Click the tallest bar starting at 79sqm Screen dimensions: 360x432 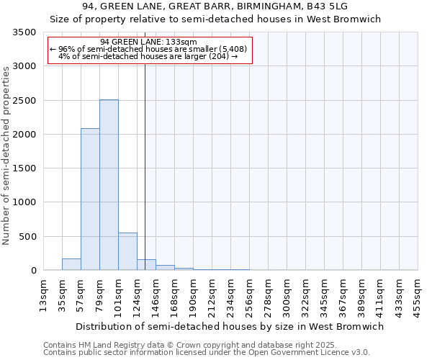pyautogui.click(x=109, y=185)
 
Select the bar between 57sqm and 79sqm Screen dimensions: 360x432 pyautogui.click(x=90, y=199)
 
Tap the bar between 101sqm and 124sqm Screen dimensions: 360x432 pyautogui.click(x=127, y=251)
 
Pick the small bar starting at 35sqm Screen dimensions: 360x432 pyautogui.click(x=71, y=264)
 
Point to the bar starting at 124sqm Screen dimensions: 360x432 pyautogui.click(x=146, y=265)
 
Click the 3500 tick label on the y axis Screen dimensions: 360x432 pyautogui.click(x=24, y=32)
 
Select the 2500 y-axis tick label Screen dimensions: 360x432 pyautogui.click(x=24, y=101)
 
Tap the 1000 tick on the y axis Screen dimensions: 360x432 pyautogui.click(x=24, y=202)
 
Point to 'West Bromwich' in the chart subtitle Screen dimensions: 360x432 pyautogui.click(x=348, y=19)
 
